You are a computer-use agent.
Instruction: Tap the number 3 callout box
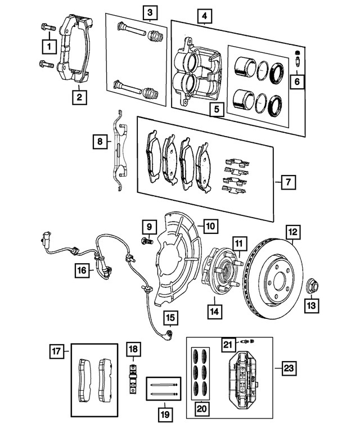click(x=148, y=11)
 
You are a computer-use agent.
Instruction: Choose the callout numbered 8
click(x=100, y=142)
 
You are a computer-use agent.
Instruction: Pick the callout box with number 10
click(x=209, y=227)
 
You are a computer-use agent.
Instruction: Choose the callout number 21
click(x=227, y=345)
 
